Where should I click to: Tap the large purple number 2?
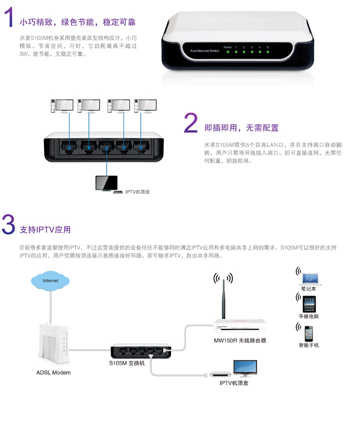[x=191, y=123]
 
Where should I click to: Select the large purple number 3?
[x=8, y=225]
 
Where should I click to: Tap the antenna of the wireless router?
[x=223, y=295]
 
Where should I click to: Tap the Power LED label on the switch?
[x=227, y=46]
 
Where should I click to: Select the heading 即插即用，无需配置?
[x=241, y=128]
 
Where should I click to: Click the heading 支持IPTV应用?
[x=45, y=230]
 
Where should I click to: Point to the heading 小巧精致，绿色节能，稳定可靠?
[x=77, y=22]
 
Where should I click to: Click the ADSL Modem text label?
[x=53, y=373]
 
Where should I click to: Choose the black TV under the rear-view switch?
[x=106, y=183]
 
